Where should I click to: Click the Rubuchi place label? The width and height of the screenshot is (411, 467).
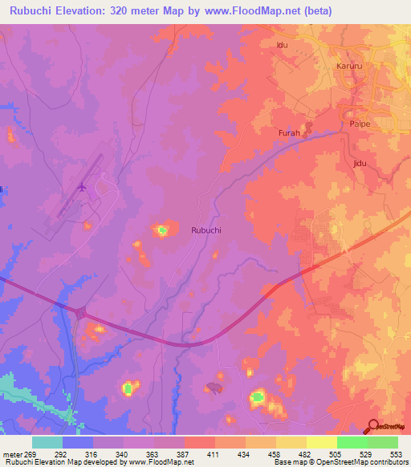(x=206, y=229)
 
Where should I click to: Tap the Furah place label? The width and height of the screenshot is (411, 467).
(x=289, y=133)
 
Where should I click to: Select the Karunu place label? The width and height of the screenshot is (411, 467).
(x=349, y=65)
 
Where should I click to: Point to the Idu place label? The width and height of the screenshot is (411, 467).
(x=282, y=45)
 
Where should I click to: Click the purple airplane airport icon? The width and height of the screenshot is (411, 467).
(x=82, y=187)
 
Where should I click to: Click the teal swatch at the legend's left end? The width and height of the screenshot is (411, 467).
(x=47, y=442)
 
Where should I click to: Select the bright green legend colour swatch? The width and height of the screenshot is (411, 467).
(x=352, y=442)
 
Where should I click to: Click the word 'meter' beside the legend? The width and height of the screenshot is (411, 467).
(x=12, y=454)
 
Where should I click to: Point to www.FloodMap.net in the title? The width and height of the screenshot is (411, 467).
(x=255, y=11)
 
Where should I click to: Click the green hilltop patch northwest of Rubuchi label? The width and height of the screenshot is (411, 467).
(x=163, y=231)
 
